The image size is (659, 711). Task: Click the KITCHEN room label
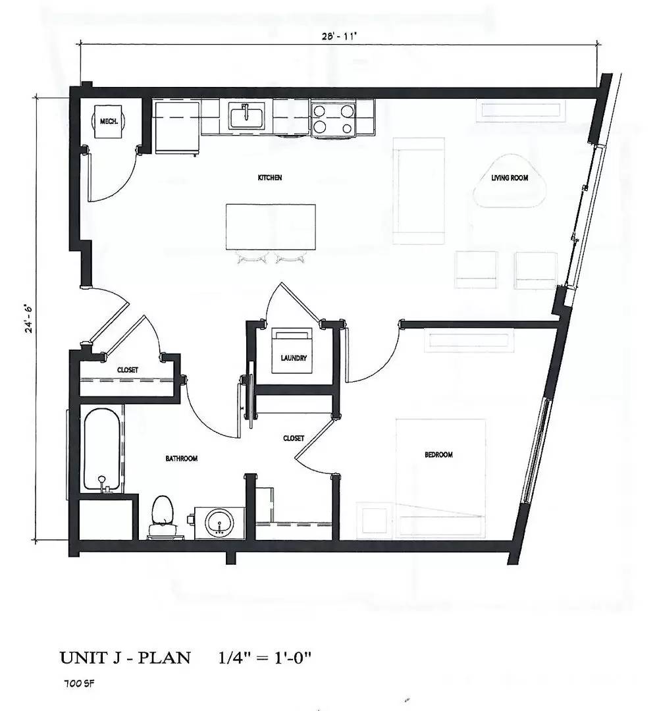(x=270, y=178)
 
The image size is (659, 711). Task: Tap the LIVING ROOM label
(x=510, y=178)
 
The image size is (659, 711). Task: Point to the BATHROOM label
(x=181, y=458)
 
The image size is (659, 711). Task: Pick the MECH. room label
(x=108, y=122)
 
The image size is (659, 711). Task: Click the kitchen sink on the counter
(x=246, y=117)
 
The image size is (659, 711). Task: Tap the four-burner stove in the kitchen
(x=333, y=118)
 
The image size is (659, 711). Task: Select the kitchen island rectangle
(x=270, y=226)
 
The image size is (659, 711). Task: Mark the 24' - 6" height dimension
(x=28, y=318)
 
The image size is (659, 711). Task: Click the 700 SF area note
(x=76, y=684)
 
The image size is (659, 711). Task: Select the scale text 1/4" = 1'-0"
(x=265, y=658)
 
